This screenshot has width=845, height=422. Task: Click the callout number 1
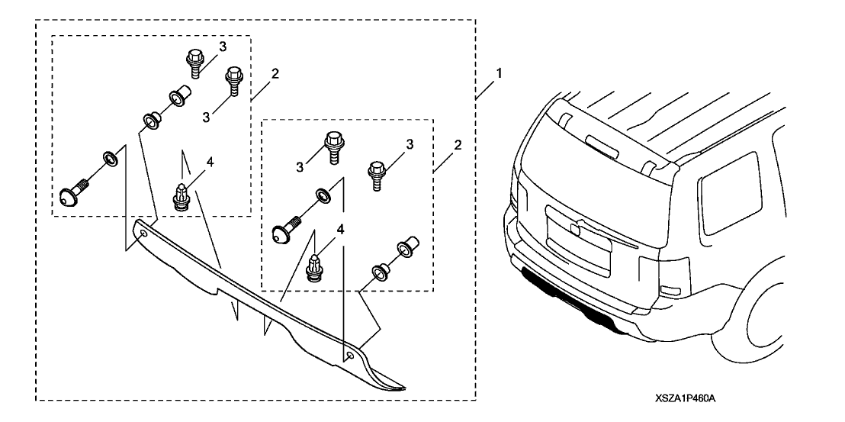500,75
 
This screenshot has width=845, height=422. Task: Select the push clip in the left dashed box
184,198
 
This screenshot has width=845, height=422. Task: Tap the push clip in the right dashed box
313,268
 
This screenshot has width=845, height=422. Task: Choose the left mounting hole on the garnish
143,236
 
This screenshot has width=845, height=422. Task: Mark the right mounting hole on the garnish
349,356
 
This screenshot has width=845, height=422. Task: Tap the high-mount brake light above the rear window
603,143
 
